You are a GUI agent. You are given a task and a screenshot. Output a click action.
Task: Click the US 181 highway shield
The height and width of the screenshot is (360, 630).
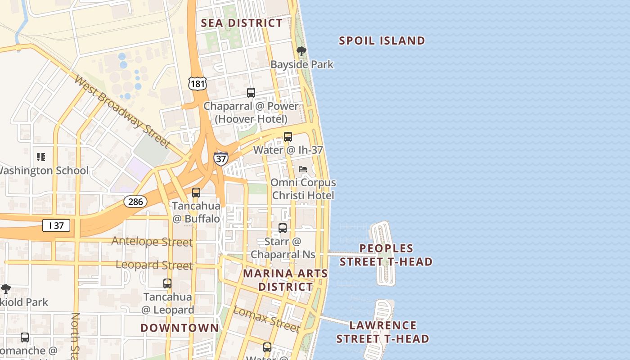(x=198, y=84)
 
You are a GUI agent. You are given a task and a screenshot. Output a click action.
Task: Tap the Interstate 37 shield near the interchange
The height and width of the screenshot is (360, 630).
(x=220, y=159)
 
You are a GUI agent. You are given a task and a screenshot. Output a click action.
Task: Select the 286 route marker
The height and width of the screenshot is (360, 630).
(x=135, y=202)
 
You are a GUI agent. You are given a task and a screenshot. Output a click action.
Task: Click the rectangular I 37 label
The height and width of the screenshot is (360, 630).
(x=56, y=225)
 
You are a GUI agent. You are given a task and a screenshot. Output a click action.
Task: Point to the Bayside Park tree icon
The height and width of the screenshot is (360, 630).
(x=301, y=51)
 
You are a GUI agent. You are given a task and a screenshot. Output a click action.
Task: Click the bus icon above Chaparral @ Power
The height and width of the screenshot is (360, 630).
(x=251, y=93)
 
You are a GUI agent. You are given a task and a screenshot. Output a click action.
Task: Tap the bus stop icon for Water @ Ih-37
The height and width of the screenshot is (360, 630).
(x=288, y=136)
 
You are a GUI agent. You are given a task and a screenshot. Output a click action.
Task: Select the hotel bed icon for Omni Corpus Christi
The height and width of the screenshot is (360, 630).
(x=303, y=169)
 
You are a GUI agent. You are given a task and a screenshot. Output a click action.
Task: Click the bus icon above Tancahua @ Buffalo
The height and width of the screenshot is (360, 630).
(x=196, y=193)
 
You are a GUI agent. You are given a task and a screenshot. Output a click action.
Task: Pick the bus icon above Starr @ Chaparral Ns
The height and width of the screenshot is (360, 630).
(x=283, y=228)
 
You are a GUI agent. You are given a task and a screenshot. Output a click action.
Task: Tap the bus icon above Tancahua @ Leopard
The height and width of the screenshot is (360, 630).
(x=167, y=283)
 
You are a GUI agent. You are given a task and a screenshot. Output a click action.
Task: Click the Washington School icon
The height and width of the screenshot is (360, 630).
(x=41, y=157)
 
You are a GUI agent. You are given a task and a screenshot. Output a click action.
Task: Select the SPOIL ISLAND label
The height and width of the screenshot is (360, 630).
(x=382, y=41)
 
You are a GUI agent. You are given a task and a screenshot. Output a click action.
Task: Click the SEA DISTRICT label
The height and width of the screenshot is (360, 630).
(x=242, y=23)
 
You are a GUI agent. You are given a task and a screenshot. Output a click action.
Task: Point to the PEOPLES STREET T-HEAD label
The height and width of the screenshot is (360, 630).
(x=386, y=255)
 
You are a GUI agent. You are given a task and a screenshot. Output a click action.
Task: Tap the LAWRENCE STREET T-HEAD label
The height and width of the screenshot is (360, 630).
(x=382, y=332)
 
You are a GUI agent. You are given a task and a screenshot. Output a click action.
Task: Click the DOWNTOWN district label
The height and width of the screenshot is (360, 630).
(x=180, y=328)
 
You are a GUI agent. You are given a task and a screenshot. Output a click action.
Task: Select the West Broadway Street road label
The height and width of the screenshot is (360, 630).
(x=122, y=112)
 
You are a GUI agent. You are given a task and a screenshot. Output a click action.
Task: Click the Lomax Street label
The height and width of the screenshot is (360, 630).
(x=266, y=319)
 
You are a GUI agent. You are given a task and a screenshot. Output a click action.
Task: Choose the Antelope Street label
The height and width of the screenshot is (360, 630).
(x=152, y=241)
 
